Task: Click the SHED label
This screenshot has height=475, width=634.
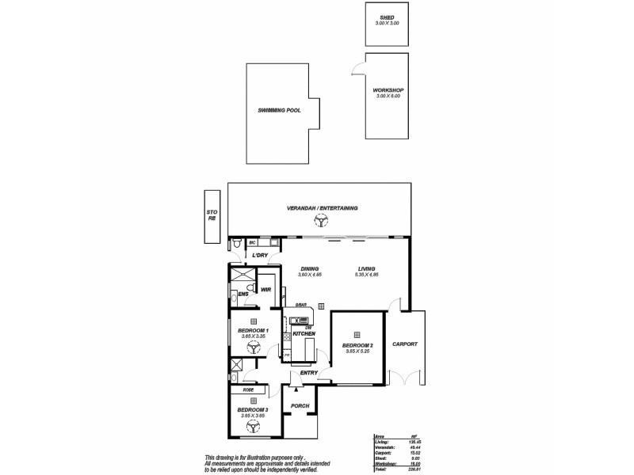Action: (x=388, y=16)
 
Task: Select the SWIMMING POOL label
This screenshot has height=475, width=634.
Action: (x=279, y=111)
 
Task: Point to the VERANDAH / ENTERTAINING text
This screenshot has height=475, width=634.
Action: (x=323, y=208)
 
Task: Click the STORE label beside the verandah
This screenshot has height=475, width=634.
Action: (x=212, y=215)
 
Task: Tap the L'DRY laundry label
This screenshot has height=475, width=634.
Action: (x=260, y=256)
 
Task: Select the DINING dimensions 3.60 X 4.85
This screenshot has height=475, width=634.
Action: (x=311, y=275)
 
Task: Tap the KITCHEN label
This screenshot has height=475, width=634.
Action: (x=304, y=335)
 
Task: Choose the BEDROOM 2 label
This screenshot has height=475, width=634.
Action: (x=357, y=346)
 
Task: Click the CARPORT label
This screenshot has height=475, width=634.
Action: (x=405, y=344)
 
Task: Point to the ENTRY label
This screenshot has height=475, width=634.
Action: (x=309, y=372)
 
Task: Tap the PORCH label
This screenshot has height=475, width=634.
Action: (x=300, y=406)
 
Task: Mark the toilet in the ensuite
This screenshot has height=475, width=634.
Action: (x=249, y=287)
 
